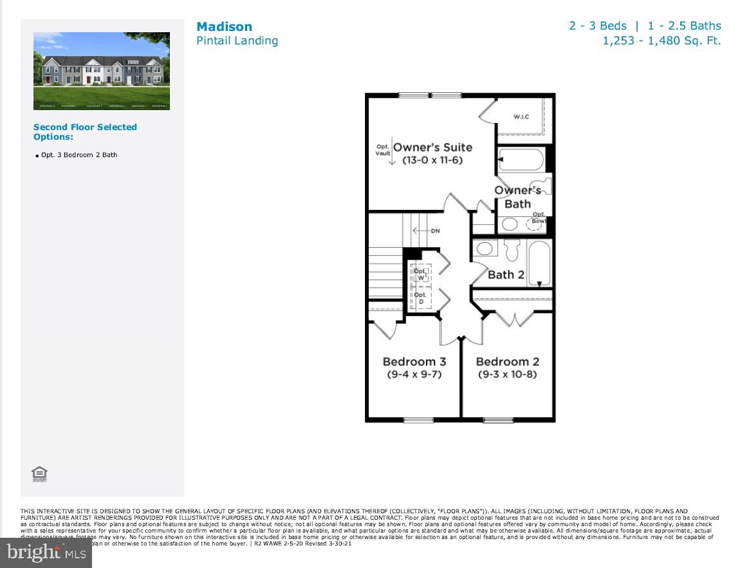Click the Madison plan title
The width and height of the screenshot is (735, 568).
coord(224,26)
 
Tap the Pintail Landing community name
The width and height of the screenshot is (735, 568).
coord(237,41)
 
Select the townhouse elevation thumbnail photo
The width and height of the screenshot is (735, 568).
coord(102,71)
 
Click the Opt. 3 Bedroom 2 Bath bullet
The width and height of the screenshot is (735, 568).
coord(79,155)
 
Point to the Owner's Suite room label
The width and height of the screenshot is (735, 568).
coord(433,147)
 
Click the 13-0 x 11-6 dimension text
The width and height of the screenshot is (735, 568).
coord(433,160)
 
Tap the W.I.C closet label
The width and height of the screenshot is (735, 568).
coord(521,117)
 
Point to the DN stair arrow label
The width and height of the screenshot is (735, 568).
coord(434,231)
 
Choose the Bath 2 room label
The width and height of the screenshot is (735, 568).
coord(506,275)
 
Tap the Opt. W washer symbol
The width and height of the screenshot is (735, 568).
coord(420,274)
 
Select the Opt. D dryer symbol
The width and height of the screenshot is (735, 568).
coord(421,298)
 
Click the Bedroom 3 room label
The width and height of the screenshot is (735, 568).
coord(414,362)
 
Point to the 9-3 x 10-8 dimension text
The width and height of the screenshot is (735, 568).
coord(507,375)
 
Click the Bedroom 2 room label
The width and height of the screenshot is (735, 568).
coord(507,362)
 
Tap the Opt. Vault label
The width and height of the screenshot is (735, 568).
coord(383,150)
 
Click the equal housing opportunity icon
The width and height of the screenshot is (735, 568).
coord(39,475)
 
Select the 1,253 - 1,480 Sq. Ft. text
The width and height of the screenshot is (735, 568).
coord(662,41)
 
